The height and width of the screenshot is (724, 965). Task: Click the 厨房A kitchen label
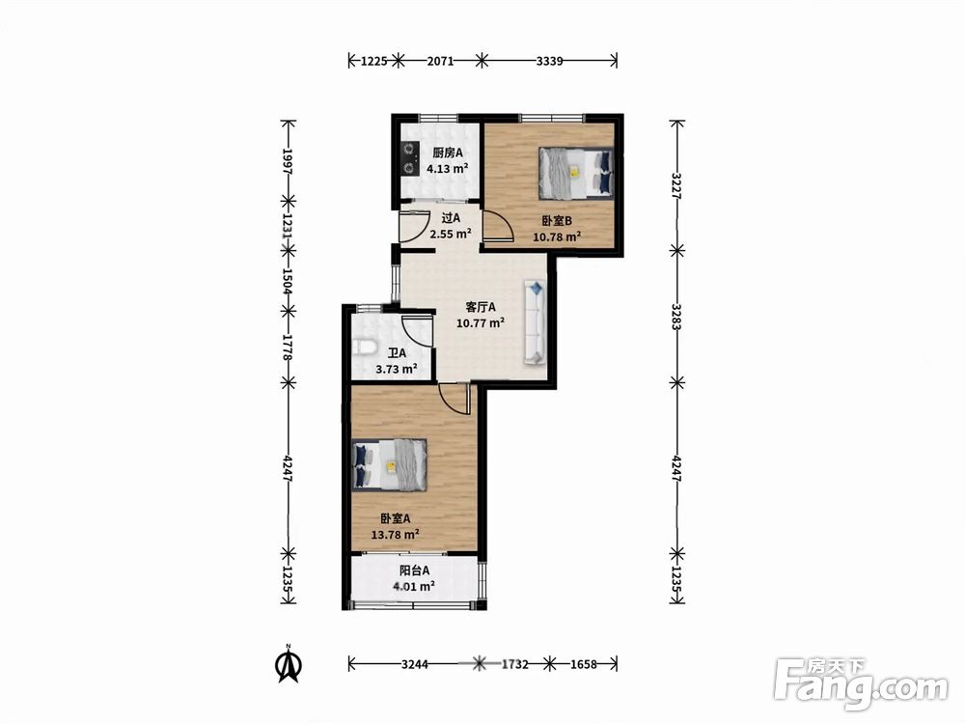click(x=448, y=153)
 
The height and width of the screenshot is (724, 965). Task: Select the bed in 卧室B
click(x=576, y=173)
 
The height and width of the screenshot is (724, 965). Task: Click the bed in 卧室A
click(x=389, y=464)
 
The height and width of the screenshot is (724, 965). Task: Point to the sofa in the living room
click(x=535, y=322)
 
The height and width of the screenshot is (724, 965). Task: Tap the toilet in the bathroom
click(x=365, y=348)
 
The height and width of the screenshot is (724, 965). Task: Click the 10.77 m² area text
click(x=481, y=322)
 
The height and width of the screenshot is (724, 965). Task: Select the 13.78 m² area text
click(x=395, y=535)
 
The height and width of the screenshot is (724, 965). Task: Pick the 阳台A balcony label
click(x=414, y=571)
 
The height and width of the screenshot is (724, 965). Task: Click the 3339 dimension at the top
click(x=550, y=60)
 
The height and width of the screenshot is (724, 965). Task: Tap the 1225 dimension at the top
click(x=373, y=60)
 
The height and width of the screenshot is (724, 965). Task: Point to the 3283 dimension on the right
click(x=677, y=317)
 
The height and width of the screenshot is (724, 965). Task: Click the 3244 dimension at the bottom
click(x=415, y=664)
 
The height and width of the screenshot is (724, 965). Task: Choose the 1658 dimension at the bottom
click(x=584, y=664)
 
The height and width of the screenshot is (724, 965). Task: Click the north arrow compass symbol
click(x=288, y=664)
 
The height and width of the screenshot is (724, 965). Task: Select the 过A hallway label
click(x=451, y=218)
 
